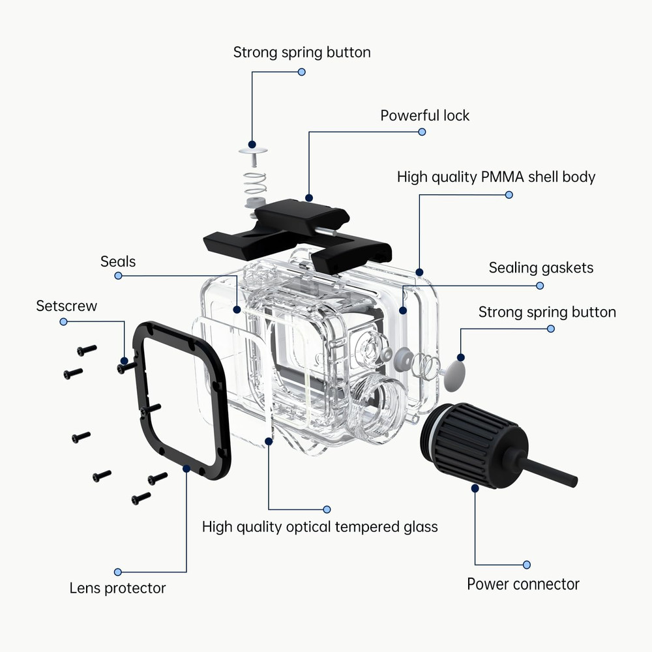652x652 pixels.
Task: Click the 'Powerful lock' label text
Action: point(424,115)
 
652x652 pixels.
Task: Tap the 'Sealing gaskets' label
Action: point(541,267)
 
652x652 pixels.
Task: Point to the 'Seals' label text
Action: point(118,261)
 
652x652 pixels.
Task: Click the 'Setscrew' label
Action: point(67,306)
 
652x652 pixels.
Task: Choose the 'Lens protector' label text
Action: point(117,588)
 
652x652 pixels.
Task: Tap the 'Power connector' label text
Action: point(523,584)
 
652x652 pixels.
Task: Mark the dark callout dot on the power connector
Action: point(475,487)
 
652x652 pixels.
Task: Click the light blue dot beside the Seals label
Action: point(118,276)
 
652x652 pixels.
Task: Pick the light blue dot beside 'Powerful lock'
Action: point(422,132)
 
